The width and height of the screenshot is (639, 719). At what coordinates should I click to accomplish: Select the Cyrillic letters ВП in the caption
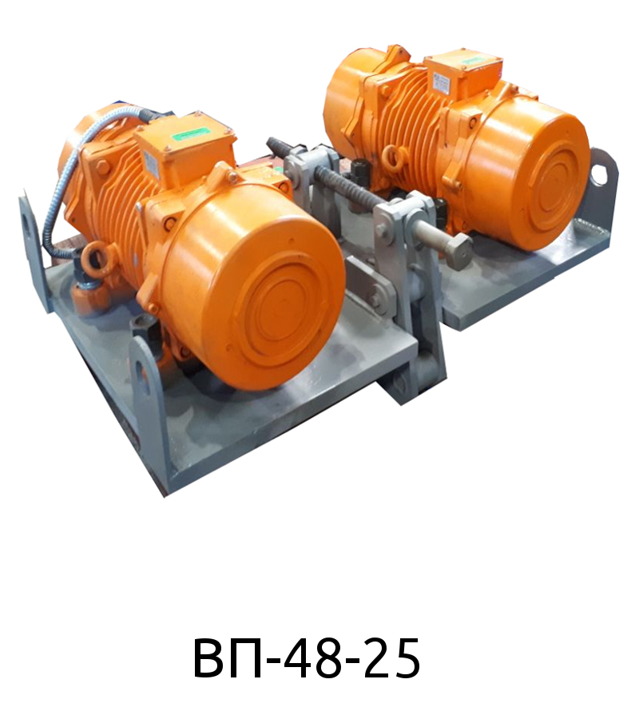point(228,658)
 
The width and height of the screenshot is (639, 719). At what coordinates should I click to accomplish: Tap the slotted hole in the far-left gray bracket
point(30,228)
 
